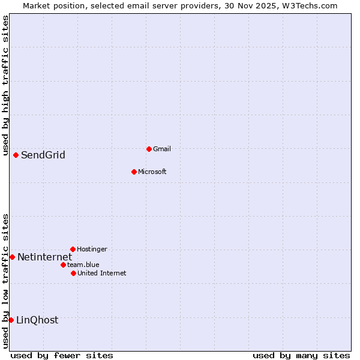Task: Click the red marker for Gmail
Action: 149,149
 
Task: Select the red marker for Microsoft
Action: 134,172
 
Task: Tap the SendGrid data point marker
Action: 16,155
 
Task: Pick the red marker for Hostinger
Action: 73,249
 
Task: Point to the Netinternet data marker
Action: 12,257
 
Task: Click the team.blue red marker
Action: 63,265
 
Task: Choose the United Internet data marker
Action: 73,273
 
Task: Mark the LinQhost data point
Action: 11,320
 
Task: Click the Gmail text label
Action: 162,149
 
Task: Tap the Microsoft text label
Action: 152,172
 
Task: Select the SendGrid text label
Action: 43,155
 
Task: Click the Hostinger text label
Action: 92,249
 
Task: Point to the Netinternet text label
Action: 44,257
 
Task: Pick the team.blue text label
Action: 83,265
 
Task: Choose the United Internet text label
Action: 101,273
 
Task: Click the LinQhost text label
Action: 37,320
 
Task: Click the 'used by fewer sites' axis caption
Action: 62,355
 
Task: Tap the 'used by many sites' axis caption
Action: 301,355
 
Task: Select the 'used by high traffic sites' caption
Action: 5,84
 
